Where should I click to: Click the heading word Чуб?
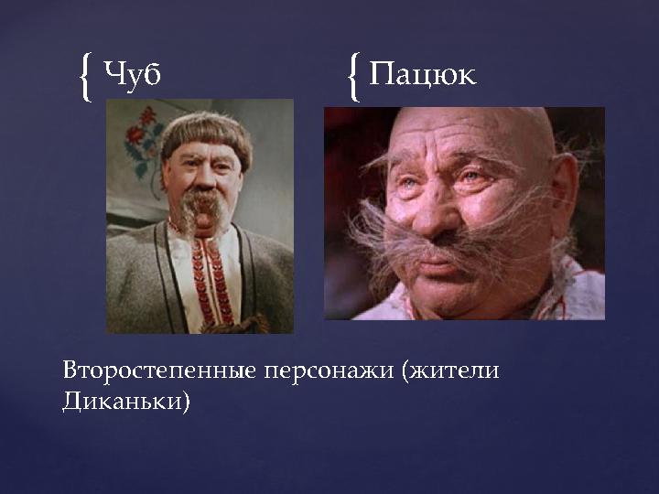pyautogui.click(x=134, y=74)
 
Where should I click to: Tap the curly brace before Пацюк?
pyautogui.click(x=353, y=76)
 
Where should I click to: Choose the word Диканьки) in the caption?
pyautogui.click(x=126, y=402)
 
